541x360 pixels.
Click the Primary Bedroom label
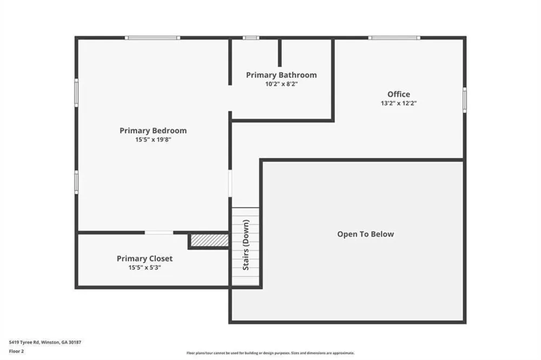coord(153,131)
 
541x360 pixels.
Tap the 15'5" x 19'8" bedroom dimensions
coord(153,140)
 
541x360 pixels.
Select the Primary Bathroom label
coord(281,75)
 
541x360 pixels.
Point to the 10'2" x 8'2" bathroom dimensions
coord(281,84)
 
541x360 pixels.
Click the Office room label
coord(399,94)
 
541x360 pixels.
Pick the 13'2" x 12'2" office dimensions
coord(399,103)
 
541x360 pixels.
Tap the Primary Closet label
coord(144,259)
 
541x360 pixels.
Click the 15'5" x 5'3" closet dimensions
coord(144,267)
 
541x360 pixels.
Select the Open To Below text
coord(365,234)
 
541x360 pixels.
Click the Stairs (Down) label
coord(246,245)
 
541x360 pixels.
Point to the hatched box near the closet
coord(210,240)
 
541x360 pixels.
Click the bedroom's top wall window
coord(152,37)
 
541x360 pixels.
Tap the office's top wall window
coord(394,37)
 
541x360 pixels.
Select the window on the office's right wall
coord(464,100)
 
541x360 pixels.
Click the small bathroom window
coord(251,37)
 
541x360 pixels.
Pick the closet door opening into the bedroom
coord(159,233)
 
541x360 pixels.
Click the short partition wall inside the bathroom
coord(280,53)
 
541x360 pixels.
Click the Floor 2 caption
coord(16,351)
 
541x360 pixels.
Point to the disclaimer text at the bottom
coord(270,353)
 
